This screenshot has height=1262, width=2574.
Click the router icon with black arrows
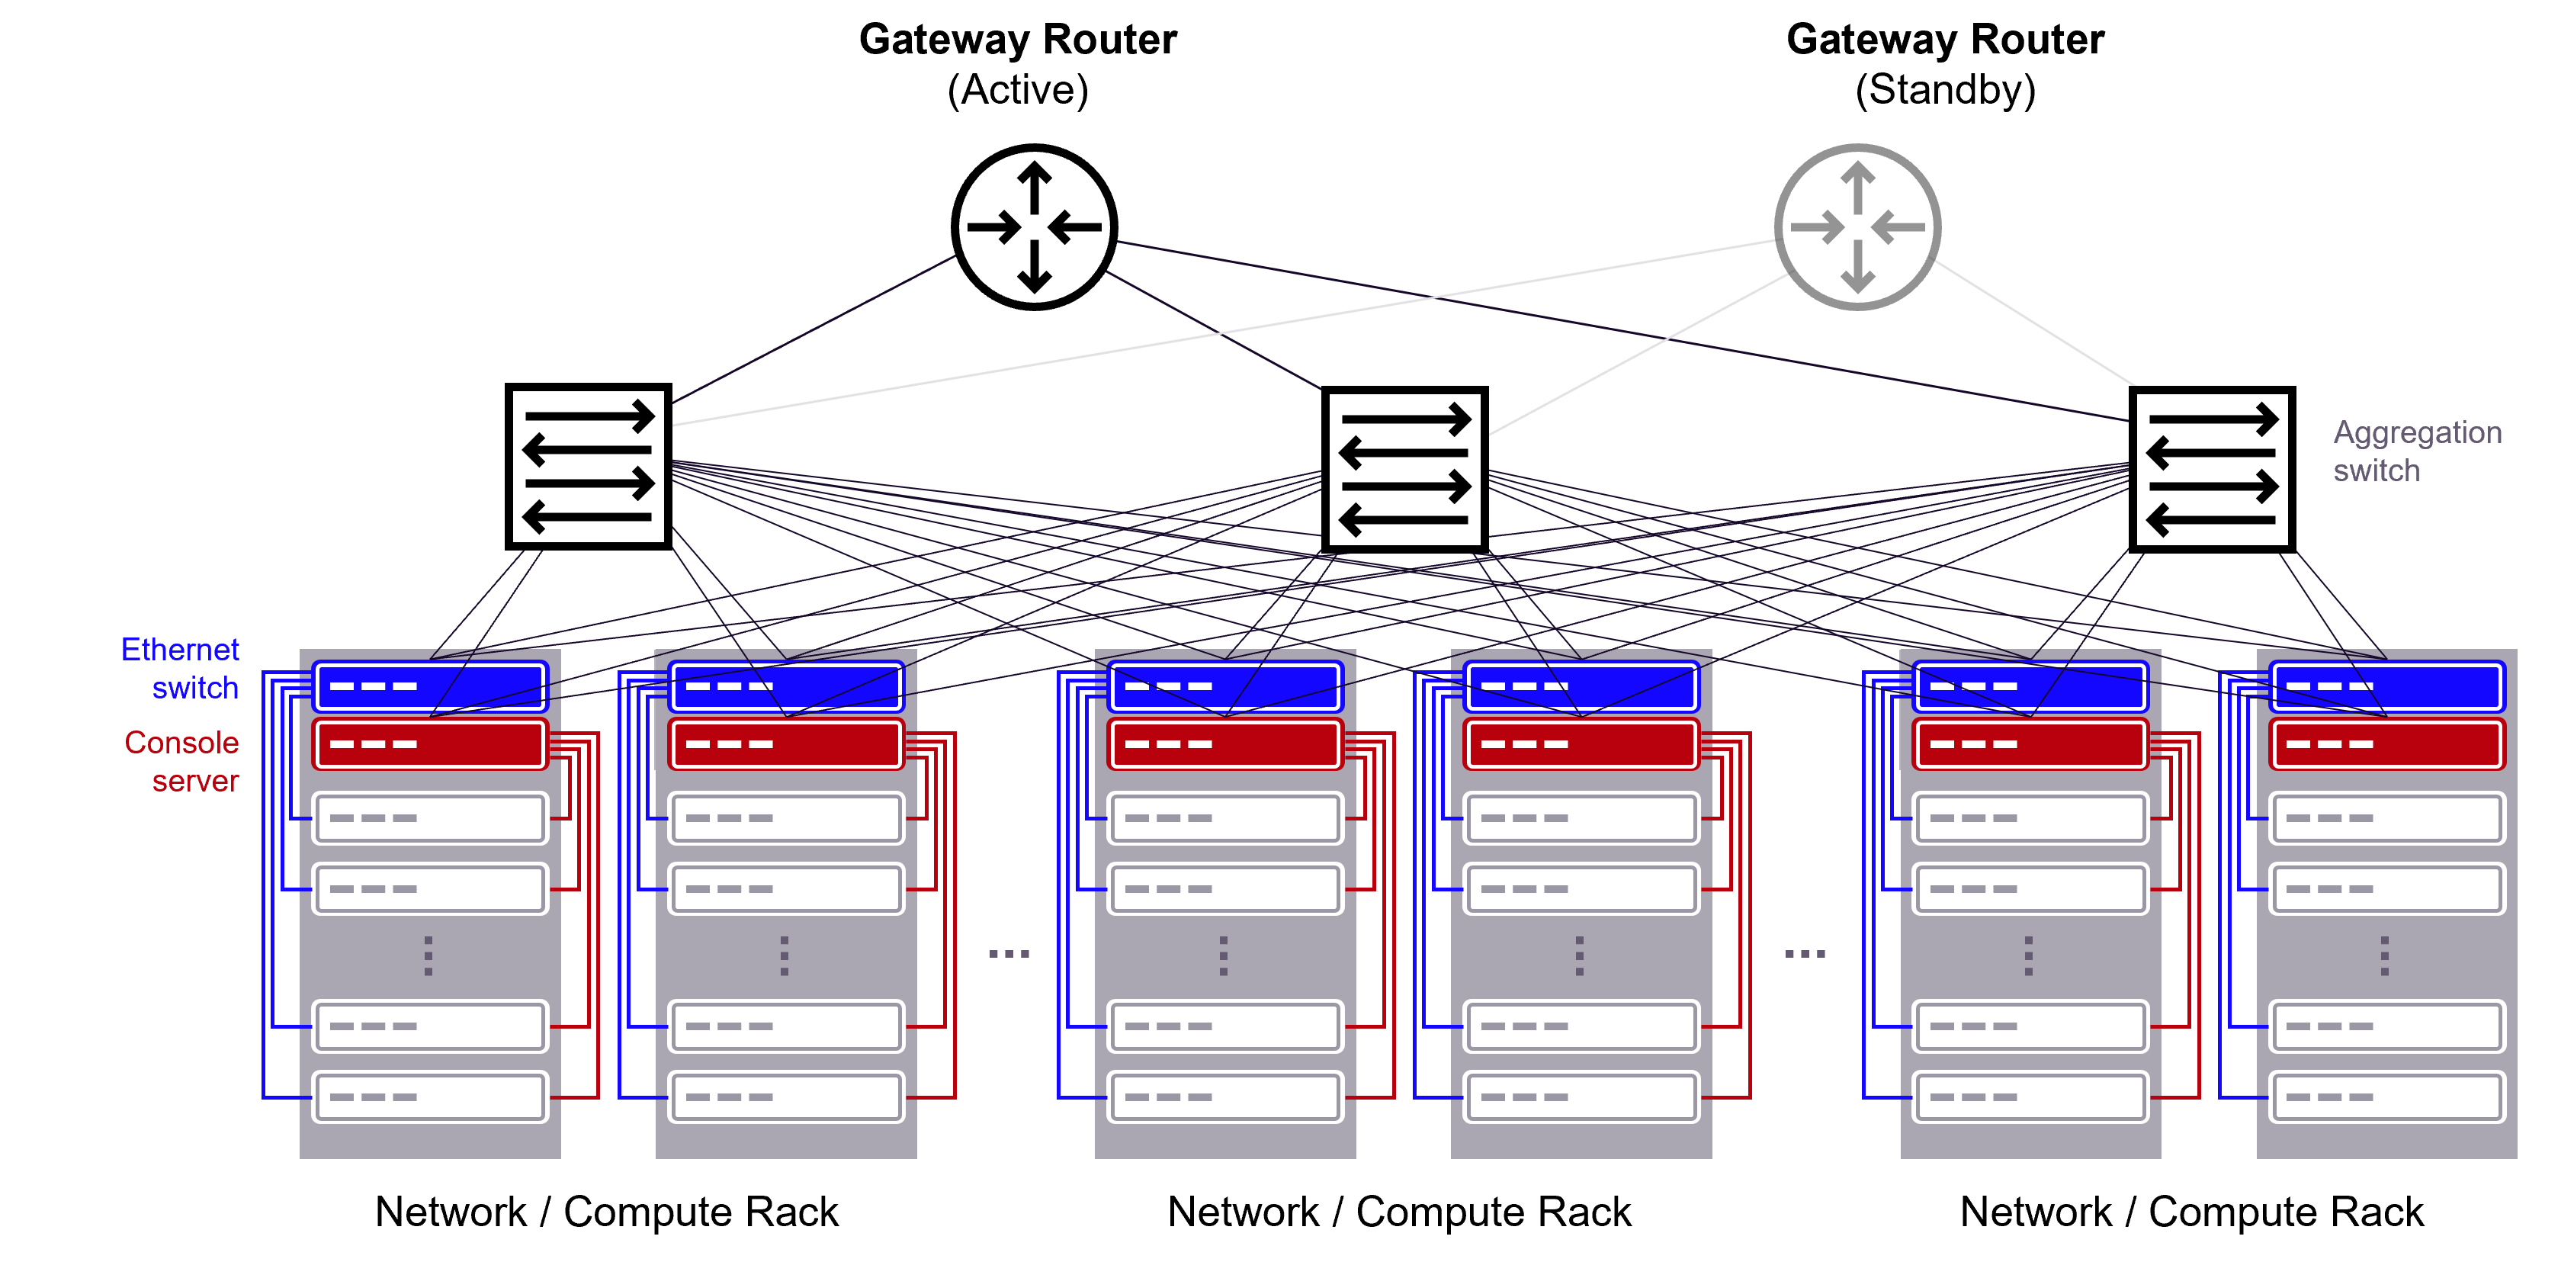click(1034, 228)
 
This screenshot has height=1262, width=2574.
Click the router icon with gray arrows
click(1857, 228)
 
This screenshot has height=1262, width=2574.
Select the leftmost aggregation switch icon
click(589, 467)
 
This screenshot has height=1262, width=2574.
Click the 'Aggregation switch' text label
click(2416, 451)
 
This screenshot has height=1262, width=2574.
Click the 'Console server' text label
click(183, 762)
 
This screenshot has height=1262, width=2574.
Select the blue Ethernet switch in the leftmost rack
click(431, 686)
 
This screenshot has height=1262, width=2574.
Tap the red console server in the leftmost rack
click(431, 744)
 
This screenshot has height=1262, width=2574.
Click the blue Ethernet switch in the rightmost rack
click(2386, 686)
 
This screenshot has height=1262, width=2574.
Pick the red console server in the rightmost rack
click(2386, 744)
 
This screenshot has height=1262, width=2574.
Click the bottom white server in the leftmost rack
click(431, 1097)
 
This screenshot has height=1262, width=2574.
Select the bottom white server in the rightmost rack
click(2386, 1097)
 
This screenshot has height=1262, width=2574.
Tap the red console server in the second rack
click(786, 744)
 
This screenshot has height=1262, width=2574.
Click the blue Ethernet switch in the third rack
click(1225, 686)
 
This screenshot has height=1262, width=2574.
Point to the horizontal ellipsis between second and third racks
click(1008, 954)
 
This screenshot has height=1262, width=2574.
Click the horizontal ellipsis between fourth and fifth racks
click(1805, 954)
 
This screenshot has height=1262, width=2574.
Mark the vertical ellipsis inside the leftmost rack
click(428, 956)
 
